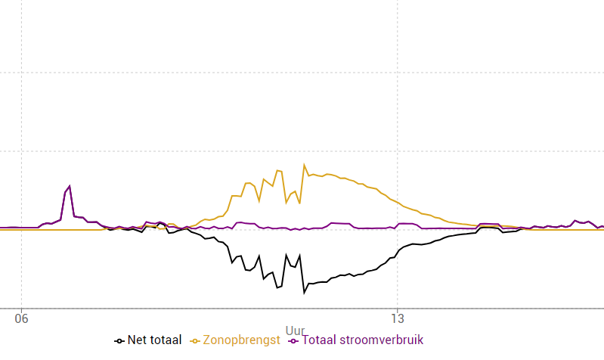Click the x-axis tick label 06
[21, 319]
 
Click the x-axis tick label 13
[398, 319]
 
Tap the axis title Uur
[296, 331]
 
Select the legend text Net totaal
[155, 340]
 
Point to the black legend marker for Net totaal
[119, 341]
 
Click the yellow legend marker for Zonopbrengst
[195, 341]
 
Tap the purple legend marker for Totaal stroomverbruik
[294, 341]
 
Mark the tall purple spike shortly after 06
[70, 186]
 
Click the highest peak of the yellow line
[305, 165]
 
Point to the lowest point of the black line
[305, 292]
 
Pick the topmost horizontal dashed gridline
[302, 73]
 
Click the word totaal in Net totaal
[165, 340]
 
